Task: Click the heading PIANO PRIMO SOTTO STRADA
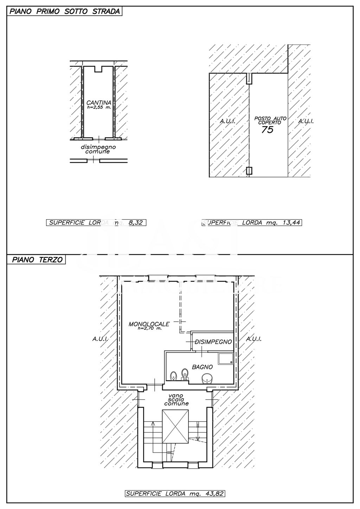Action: [x=65, y=11]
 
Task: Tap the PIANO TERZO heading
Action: [x=37, y=260]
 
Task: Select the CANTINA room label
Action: [x=99, y=103]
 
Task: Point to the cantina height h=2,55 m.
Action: [x=99, y=107]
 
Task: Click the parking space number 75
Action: [x=267, y=130]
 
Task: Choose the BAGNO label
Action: [x=202, y=367]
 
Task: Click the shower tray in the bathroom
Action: [x=226, y=358]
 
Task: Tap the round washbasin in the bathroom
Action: [x=206, y=378]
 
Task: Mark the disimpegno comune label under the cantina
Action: [x=98, y=149]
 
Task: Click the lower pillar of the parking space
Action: [x=249, y=171]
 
